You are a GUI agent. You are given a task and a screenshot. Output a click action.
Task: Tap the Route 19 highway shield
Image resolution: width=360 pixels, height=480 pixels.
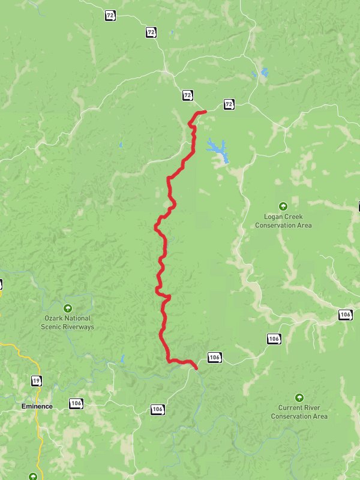click(37, 380)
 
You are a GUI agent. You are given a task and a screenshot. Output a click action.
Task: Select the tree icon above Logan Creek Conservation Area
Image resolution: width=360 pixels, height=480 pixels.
click(284, 206)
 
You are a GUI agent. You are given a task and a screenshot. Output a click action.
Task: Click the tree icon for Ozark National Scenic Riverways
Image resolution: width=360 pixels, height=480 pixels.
click(67, 307)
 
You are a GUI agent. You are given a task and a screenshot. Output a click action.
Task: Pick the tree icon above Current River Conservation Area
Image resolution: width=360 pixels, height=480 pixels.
click(299, 397)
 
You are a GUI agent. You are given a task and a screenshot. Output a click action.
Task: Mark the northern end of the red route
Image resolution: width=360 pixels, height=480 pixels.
click(205, 111)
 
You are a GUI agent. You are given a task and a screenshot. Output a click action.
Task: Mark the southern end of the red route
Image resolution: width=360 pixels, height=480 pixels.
click(197, 368)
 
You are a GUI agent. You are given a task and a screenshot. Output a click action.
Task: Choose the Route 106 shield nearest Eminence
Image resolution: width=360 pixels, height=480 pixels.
click(76, 403)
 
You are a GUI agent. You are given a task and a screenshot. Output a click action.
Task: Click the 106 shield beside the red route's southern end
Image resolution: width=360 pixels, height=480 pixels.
click(215, 357)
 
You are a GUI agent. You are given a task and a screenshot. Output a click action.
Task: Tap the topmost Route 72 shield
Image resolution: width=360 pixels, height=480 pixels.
click(109, 15)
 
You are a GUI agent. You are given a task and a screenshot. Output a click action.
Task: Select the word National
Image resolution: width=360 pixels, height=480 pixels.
click(79, 319)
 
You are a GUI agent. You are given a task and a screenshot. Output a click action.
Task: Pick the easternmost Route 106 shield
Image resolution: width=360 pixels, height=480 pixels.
click(345, 314)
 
